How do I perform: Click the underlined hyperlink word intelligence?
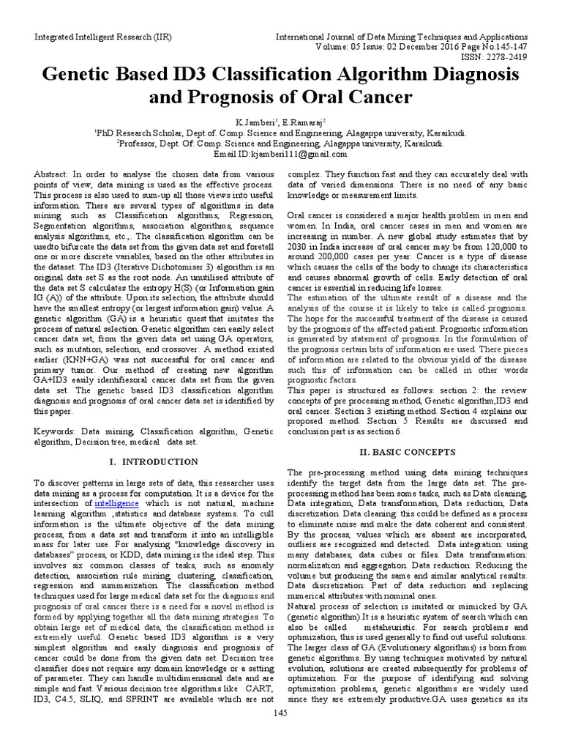coord(114,505)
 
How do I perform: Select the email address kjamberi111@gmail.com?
coord(301,155)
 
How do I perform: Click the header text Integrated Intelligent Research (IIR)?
coord(89,36)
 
